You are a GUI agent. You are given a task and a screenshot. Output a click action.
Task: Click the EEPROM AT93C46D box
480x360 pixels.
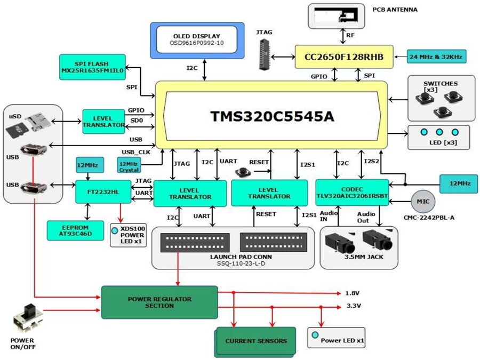75,230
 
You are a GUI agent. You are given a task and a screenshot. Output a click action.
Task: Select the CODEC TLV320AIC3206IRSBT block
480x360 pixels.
351,193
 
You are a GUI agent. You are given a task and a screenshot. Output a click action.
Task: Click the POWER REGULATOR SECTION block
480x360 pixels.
159,302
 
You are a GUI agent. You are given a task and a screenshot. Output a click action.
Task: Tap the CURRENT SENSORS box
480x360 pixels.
255,341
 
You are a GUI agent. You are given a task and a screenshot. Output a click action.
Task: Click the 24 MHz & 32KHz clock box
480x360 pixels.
435,56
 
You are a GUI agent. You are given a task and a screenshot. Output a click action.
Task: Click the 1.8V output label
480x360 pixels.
353,293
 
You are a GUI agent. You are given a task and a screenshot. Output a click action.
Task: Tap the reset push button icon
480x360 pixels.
243,172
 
